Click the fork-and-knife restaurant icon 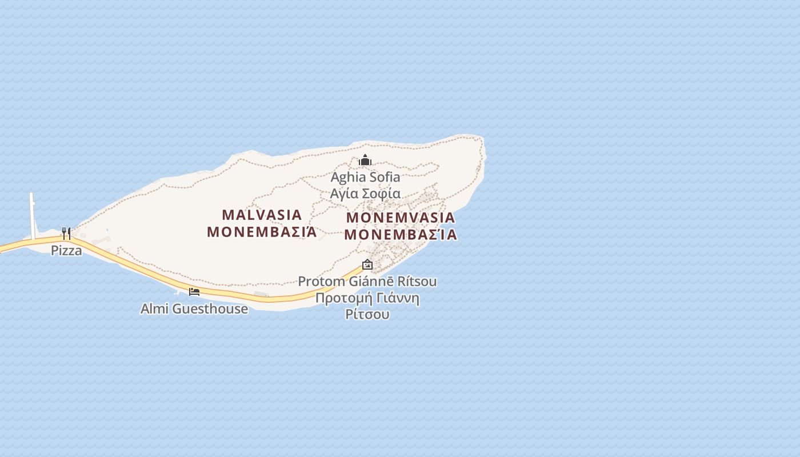click(x=66, y=233)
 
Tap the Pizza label click(x=66, y=250)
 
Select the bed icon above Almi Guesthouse click(x=194, y=292)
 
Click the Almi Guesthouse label click(x=194, y=309)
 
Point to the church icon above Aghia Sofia click(x=365, y=161)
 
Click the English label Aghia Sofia click(x=365, y=177)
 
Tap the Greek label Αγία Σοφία click(x=365, y=193)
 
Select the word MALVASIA click(x=262, y=215)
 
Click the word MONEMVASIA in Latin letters click(x=401, y=218)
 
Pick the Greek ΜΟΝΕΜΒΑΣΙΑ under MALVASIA click(x=262, y=232)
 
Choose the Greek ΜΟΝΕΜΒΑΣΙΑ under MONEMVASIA click(x=401, y=235)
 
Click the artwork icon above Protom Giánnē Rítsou click(x=367, y=264)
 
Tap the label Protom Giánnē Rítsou click(x=367, y=281)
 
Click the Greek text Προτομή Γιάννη click(x=367, y=298)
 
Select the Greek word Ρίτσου click(x=367, y=314)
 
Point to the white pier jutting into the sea click(x=32, y=214)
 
